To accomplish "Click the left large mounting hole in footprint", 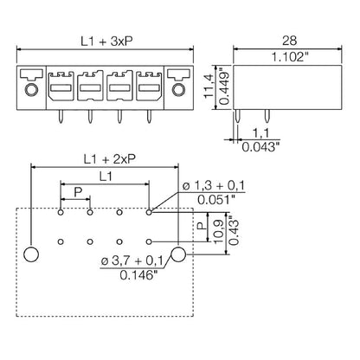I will (x=30, y=254).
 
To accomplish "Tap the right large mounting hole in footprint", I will (x=178, y=254).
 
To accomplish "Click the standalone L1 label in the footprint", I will (x=106, y=177).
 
